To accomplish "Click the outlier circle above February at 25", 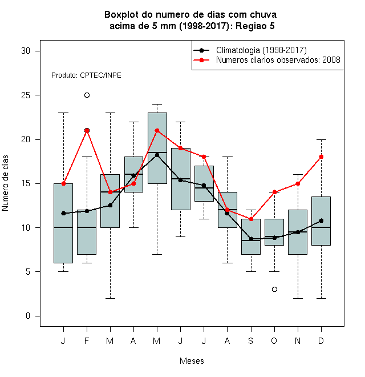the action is point(87,95).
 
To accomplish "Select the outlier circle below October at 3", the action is point(274,289).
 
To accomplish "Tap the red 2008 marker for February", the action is point(87,131).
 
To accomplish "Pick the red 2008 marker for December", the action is point(321,157).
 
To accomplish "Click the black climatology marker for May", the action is point(157,155).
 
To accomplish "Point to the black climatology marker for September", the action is point(251,239).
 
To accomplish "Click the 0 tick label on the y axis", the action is point(28,316).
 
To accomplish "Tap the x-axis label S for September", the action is point(251,340).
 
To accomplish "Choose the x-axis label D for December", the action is point(321,340).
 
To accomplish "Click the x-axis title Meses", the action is point(192,361).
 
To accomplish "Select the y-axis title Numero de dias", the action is point(5,183).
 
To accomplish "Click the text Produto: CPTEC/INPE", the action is point(86,75).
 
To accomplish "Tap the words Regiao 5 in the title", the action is point(255,26).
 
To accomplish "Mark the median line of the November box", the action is point(298,232).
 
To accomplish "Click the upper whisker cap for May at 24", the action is point(157,105).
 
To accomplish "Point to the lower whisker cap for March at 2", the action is point(110,298).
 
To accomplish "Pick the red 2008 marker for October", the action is point(274,192).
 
